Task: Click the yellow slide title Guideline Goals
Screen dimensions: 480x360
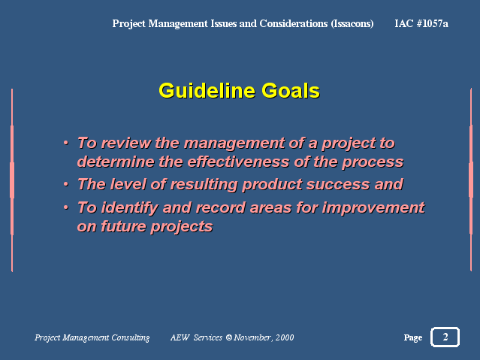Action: [239, 91]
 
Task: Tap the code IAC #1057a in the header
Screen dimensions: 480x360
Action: [421, 23]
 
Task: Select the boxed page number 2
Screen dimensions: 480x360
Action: [445, 337]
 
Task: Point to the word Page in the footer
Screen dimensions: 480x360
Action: [413, 337]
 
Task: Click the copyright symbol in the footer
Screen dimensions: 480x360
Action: [229, 337]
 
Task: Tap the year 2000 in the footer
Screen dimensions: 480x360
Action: [285, 337]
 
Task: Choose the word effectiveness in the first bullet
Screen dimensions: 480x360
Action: [238, 162]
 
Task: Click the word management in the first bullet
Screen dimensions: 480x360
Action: [234, 144]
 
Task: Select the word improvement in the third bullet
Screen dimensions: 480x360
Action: [373, 207]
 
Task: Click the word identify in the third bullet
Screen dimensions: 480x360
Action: [129, 207]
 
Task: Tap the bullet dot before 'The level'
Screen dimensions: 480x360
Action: [66, 184]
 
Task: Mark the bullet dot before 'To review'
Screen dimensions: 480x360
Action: [66, 143]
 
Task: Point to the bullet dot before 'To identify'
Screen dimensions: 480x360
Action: [66, 207]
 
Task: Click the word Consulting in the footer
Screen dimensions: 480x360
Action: [131, 337]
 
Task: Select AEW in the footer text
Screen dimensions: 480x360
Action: [180, 337]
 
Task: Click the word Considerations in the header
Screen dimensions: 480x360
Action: [293, 23]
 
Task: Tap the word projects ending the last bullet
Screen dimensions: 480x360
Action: [182, 227]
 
